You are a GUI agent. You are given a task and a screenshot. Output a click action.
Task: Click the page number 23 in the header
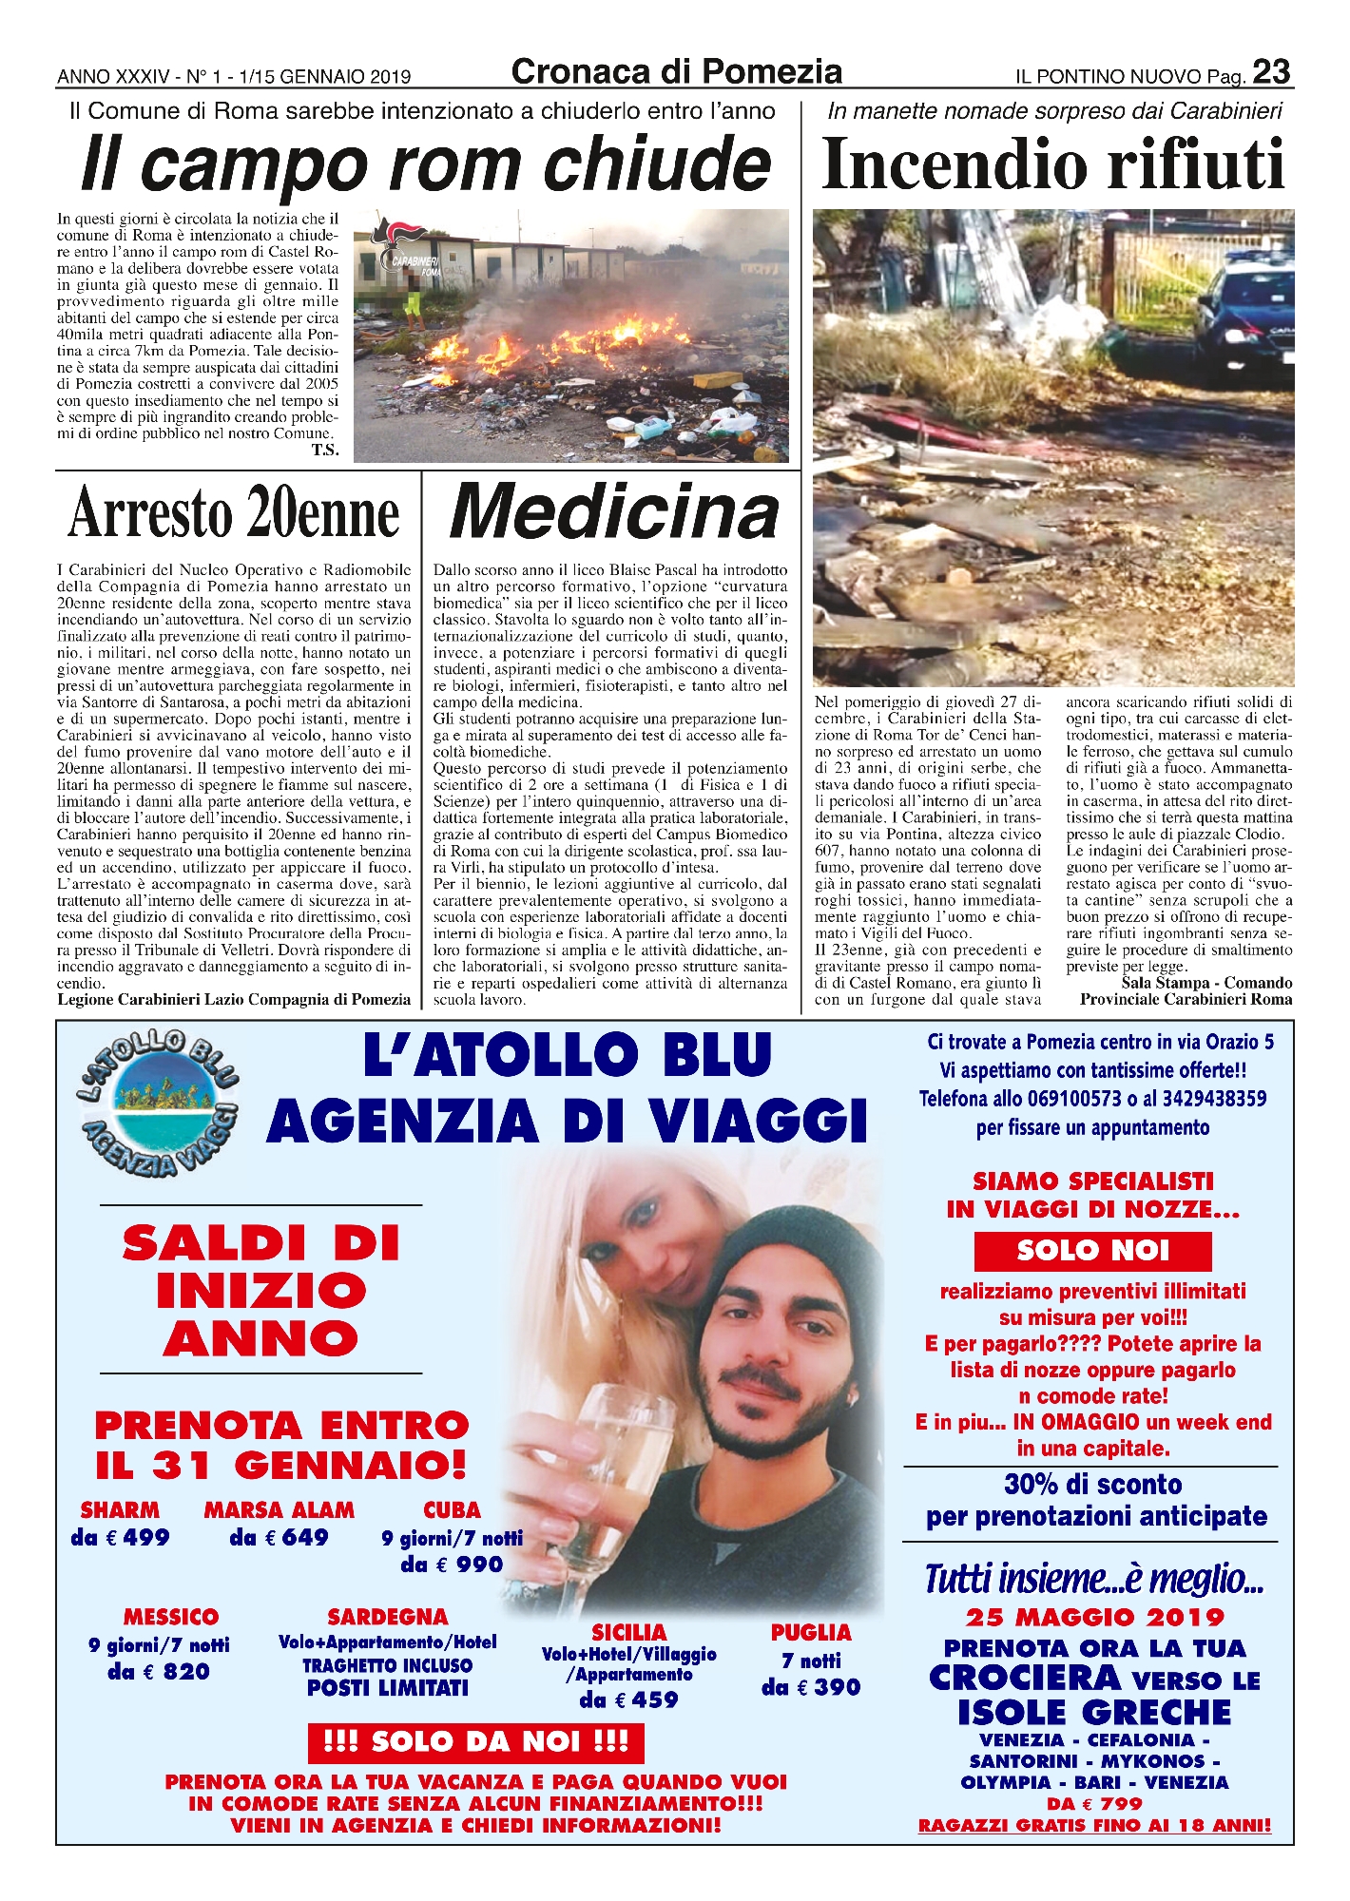[x=1271, y=72]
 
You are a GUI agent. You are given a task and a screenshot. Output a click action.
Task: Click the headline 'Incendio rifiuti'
[x=1052, y=164]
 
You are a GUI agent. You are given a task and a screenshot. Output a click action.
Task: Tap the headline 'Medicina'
[x=614, y=513]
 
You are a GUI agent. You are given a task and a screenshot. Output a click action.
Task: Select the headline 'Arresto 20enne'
[x=234, y=513]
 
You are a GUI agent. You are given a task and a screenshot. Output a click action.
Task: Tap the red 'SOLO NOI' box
[x=1092, y=1251]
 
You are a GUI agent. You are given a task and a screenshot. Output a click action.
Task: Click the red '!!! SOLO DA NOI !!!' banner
[x=475, y=1741]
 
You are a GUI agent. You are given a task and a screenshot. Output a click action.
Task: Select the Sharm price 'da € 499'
[x=120, y=1537]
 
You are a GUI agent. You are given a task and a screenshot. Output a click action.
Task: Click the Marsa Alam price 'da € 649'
[x=279, y=1537]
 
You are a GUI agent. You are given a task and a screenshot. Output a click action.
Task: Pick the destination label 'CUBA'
[x=452, y=1509]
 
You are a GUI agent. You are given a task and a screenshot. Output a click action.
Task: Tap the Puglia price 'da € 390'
[x=810, y=1687]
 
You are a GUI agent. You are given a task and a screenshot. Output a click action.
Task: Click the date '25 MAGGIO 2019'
[x=1095, y=1617]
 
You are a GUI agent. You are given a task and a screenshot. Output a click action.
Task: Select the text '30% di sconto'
[x=1092, y=1485]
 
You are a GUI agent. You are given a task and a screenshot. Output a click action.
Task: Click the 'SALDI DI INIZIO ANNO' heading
[x=260, y=1291]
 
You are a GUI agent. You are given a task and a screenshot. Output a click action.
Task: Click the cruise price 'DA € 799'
[x=1094, y=1803]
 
